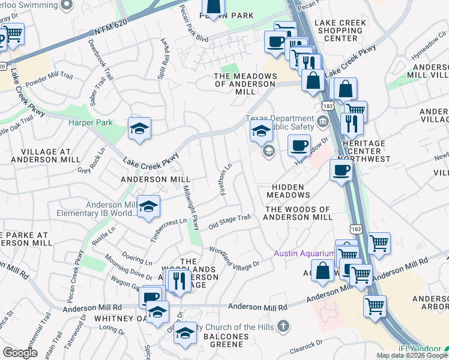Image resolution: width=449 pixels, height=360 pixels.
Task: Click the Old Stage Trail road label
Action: pos(229,222)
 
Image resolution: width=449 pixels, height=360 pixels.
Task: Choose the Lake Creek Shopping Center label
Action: pos(353,29)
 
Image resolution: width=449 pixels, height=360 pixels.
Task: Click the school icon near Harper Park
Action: pos(139,129)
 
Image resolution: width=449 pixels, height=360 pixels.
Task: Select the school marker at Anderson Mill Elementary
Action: pos(148,207)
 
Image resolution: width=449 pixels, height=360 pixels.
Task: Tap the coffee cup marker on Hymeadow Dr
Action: pos(299,145)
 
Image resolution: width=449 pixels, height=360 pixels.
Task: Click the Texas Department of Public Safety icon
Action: pos(323,123)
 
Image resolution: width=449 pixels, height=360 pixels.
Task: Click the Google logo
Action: pos(20,353)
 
